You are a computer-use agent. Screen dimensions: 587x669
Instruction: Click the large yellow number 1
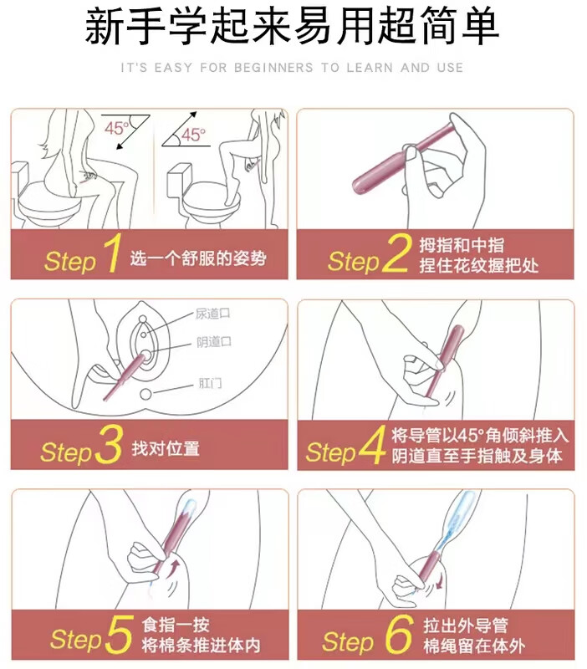click(x=112, y=253)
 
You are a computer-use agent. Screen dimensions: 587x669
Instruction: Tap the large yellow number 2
click(x=397, y=253)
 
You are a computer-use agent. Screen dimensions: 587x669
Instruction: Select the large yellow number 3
click(x=110, y=444)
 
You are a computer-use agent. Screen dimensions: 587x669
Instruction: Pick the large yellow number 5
click(x=119, y=635)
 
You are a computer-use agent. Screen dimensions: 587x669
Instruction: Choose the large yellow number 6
click(x=399, y=635)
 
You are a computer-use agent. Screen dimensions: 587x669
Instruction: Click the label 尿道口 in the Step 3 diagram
click(x=213, y=314)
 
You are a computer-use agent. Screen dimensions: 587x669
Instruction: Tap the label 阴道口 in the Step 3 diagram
click(x=214, y=342)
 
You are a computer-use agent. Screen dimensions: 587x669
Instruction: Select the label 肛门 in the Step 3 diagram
click(x=211, y=383)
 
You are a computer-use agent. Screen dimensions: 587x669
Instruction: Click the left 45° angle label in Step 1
click(x=116, y=128)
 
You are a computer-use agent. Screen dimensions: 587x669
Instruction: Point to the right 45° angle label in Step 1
click(x=193, y=135)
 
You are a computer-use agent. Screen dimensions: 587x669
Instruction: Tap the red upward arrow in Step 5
click(x=174, y=569)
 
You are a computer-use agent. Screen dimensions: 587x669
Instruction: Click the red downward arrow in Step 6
click(x=439, y=581)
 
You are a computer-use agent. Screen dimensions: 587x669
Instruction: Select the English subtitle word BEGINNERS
click(x=273, y=68)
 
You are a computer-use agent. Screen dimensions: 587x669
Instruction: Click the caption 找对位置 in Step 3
click(x=166, y=448)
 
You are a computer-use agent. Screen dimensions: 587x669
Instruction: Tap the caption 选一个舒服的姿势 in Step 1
click(x=198, y=258)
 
